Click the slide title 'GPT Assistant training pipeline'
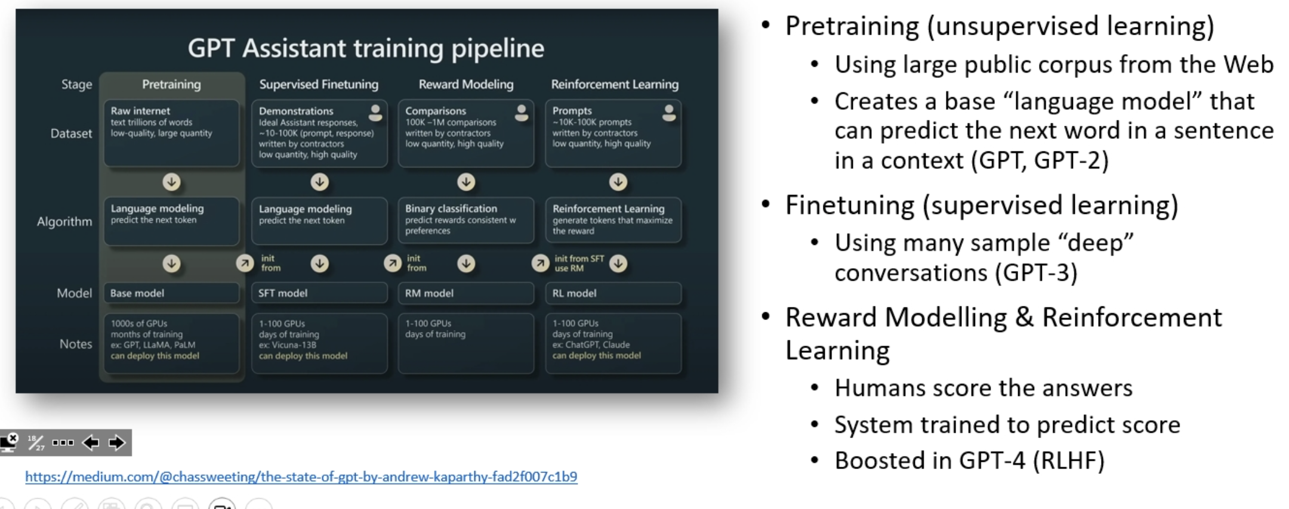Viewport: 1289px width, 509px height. (x=366, y=48)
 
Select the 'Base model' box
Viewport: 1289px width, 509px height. (x=171, y=293)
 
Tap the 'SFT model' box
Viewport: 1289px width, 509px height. (x=319, y=293)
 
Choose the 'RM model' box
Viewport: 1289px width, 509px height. (x=466, y=293)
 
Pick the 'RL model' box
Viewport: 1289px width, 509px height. (x=613, y=293)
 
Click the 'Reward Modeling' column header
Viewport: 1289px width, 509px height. (x=466, y=85)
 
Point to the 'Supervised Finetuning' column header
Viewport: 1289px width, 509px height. (x=319, y=85)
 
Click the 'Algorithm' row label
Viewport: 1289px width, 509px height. (x=64, y=222)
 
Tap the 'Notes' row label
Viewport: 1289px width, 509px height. (x=76, y=344)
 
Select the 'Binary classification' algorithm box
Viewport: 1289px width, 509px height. (x=466, y=220)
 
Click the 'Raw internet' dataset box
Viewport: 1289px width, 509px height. (x=171, y=133)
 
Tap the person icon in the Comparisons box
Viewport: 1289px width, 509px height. (x=522, y=113)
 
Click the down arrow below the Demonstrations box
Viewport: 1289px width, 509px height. (x=320, y=182)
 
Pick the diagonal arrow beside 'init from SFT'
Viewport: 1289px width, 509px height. (x=540, y=263)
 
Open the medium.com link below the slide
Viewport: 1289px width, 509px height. (x=301, y=477)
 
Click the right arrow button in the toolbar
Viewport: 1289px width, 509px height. (x=117, y=443)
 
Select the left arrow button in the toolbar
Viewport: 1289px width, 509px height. (x=91, y=443)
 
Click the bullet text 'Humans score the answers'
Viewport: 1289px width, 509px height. (x=983, y=388)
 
